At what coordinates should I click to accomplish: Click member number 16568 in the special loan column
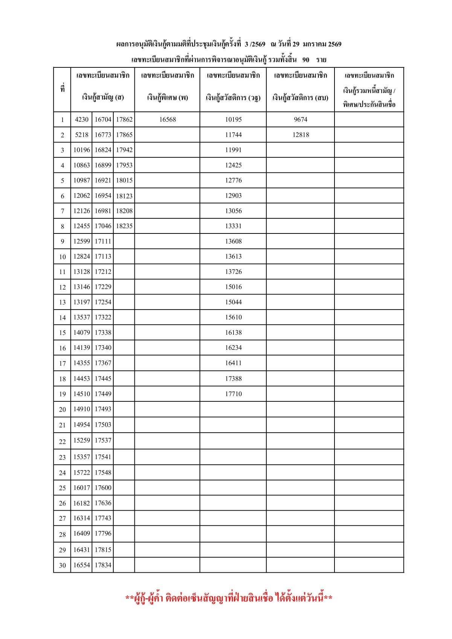pyautogui.click(x=167, y=119)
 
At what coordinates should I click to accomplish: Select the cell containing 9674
pyautogui.click(x=301, y=119)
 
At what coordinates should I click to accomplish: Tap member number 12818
pyautogui.click(x=301, y=135)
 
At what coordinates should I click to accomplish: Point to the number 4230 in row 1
pyautogui.click(x=81, y=119)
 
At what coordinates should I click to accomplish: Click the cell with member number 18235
pyautogui.click(x=124, y=226)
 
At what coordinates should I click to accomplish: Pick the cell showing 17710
pyautogui.click(x=234, y=394)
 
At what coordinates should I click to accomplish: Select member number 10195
pyautogui.click(x=234, y=119)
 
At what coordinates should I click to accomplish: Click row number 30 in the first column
pyautogui.click(x=63, y=565)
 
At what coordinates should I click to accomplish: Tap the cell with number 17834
pyautogui.click(x=103, y=565)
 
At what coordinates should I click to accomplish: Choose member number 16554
pyautogui.click(x=82, y=565)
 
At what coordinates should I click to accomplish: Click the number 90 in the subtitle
pyautogui.click(x=306, y=59)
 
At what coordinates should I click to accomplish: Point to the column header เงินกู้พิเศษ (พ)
pyautogui.click(x=167, y=98)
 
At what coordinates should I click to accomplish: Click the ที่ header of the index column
pyautogui.click(x=63, y=90)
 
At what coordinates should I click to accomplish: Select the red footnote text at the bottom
pyautogui.click(x=229, y=598)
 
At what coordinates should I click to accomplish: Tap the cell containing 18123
pyautogui.click(x=124, y=196)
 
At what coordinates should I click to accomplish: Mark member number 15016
pyautogui.click(x=234, y=287)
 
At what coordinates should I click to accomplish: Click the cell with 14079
pyautogui.click(x=82, y=332)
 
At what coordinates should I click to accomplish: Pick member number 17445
pyautogui.click(x=103, y=378)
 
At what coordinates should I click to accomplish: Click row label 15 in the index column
pyautogui.click(x=63, y=333)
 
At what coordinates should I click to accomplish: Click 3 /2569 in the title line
pyautogui.click(x=255, y=44)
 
